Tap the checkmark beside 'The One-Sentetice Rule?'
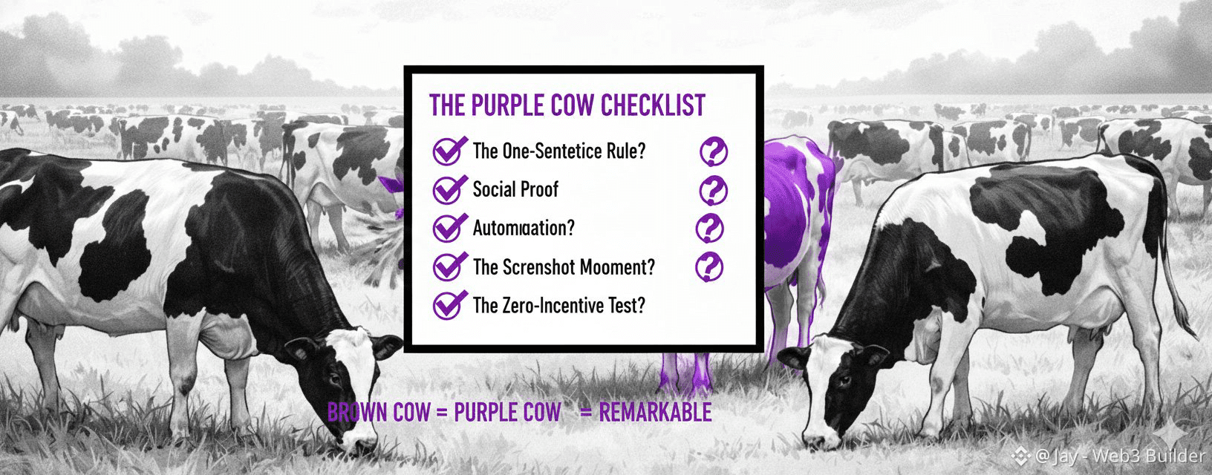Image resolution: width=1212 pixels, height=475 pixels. [x=449, y=151]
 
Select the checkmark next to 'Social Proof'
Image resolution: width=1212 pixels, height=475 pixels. [x=449, y=189]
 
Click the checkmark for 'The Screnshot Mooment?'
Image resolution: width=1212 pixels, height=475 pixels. [x=449, y=266]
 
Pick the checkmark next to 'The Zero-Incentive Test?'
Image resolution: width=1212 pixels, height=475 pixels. [x=449, y=305]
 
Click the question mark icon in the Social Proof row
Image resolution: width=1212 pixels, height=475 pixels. [x=713, y=191]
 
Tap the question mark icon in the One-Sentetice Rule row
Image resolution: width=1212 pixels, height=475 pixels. [x=713, y=151]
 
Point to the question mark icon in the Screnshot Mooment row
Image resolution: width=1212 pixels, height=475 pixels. [x=709, y=266]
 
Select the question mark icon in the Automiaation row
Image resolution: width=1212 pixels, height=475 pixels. [x=709, y=229]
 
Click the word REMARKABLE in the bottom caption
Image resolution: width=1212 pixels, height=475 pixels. [x=655, y=413]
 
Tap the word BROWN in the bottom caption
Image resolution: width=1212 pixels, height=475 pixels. [x=358, y=413]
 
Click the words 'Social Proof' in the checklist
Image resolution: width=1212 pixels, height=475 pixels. [x=515, y=189]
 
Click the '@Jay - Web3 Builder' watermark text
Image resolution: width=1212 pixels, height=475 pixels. [x=1119, y=456]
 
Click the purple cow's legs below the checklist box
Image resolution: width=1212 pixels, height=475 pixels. [x=685, y=373]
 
